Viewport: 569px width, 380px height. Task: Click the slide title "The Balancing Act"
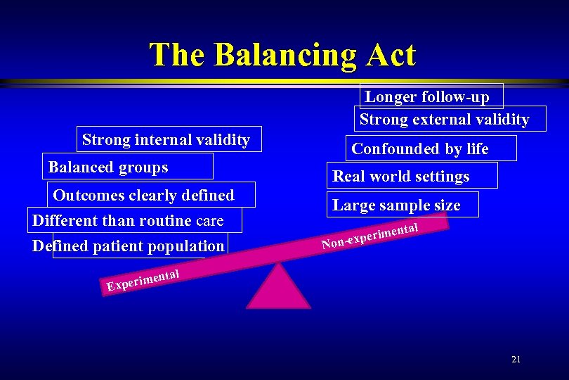(x=282, y=54)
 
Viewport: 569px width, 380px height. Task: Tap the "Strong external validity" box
(x=444, y=119)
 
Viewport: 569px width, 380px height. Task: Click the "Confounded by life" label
(x=420, y=148)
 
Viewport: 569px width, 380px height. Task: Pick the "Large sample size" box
(x=396, y=205)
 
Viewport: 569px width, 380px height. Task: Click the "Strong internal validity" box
(x=166, y=139)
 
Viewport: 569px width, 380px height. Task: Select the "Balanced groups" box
(x=108, y=167)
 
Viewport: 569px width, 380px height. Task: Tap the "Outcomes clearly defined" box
(x=144, y=194)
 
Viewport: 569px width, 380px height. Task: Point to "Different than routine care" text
(x=128, y=220)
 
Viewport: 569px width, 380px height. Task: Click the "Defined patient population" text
(x=128, y=246)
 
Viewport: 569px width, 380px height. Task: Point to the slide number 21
(x=516, y=359)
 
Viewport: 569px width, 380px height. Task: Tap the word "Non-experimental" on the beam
(x=370, y=236)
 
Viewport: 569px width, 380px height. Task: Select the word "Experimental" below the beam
(x=144, y=279)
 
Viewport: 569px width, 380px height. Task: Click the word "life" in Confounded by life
(x=477, y=148)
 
